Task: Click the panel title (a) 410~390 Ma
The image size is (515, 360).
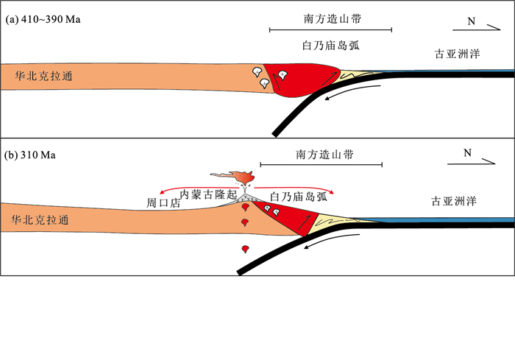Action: coord(43,19)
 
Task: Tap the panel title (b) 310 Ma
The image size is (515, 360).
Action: coord(30,155)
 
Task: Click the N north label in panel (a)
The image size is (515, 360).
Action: coord(472,21)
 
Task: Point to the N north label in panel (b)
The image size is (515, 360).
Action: coord(467,153)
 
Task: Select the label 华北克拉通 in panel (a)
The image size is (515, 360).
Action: coord(43,77)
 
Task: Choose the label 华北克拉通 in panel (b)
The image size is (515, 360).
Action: coord(40,220)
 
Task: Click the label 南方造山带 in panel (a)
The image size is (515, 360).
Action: coord(333,18)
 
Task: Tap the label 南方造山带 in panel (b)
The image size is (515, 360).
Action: coord(324,154)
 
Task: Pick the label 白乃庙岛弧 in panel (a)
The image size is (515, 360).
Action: coord(331,46)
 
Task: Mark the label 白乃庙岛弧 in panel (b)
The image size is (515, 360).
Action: coord(299,197)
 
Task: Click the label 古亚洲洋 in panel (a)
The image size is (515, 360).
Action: coord(457,54)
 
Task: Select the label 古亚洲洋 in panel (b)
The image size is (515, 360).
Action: coord(454,201)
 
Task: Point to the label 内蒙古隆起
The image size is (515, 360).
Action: coord(208,194)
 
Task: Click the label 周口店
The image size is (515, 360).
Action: coord(163,203)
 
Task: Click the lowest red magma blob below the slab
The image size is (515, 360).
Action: coord(245,249)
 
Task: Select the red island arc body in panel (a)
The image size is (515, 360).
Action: coord(300,80)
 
